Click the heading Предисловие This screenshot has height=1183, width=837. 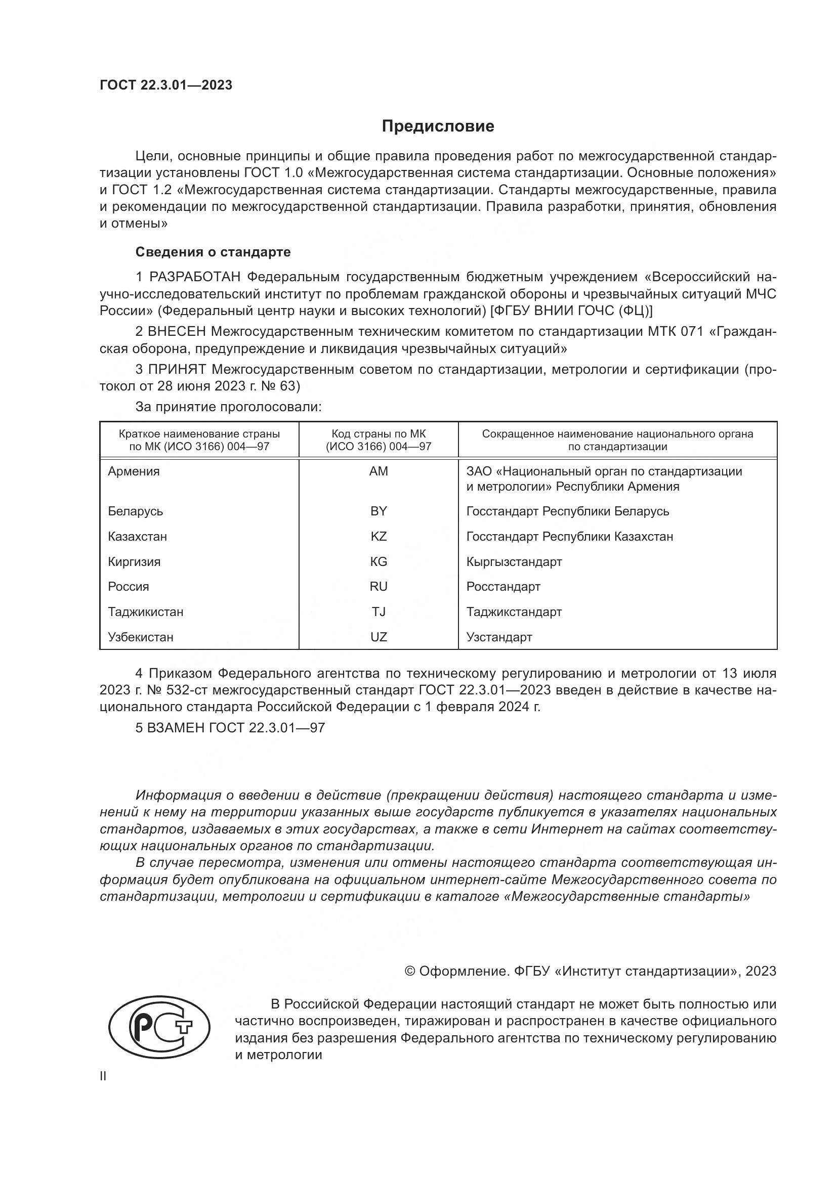438,126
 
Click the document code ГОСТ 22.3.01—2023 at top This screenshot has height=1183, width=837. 166,85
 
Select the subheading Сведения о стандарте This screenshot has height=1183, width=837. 213,252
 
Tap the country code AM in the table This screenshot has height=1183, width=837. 379,471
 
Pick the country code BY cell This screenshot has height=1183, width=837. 379,511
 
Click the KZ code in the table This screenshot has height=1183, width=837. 379,536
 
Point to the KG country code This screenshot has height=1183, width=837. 379,561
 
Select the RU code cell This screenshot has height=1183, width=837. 379,587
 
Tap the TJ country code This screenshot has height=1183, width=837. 379,612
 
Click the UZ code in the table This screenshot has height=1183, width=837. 379,637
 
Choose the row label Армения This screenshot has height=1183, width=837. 134,471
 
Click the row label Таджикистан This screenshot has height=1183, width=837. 146,612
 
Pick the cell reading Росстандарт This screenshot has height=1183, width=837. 503,587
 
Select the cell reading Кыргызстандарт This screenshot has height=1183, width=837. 514,561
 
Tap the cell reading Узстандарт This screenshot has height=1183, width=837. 499,637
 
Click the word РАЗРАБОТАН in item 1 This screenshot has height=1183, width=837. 195,277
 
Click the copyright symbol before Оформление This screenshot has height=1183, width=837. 410,971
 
